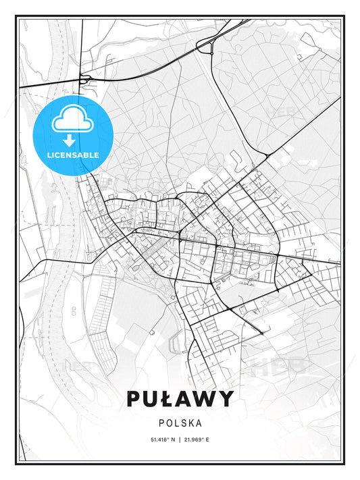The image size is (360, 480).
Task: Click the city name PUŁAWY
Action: coord(180,398)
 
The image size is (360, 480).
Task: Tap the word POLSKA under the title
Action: coord(180,423)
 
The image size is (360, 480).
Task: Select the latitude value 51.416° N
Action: coord(162,439)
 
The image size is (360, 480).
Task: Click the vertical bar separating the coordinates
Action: coord(180,439)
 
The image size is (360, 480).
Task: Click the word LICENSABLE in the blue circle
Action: coord(72,155)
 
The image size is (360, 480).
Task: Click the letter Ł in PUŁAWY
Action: coord(163,398)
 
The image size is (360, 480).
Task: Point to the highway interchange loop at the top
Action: coord(205,45)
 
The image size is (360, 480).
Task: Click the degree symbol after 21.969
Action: coord(204,438)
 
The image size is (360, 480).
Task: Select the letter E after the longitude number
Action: coord(208,439)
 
